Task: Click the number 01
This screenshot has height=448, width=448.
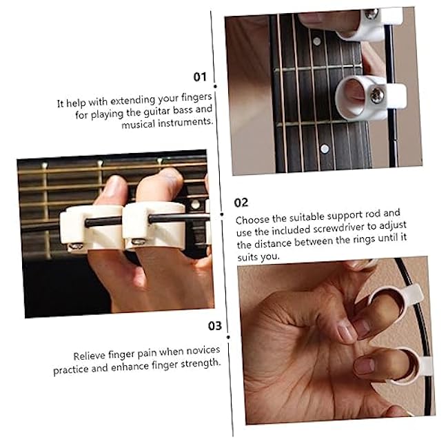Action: [200, 76]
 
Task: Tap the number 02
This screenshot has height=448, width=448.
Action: [241, 202]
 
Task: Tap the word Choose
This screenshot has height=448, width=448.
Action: [252, 221]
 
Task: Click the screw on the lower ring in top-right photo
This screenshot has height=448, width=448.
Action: [376, 95]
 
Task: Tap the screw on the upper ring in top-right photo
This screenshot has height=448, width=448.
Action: [371, 14]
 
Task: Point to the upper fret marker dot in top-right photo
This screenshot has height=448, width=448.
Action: [316, 41]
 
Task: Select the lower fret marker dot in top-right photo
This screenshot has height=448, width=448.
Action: [324, 148]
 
